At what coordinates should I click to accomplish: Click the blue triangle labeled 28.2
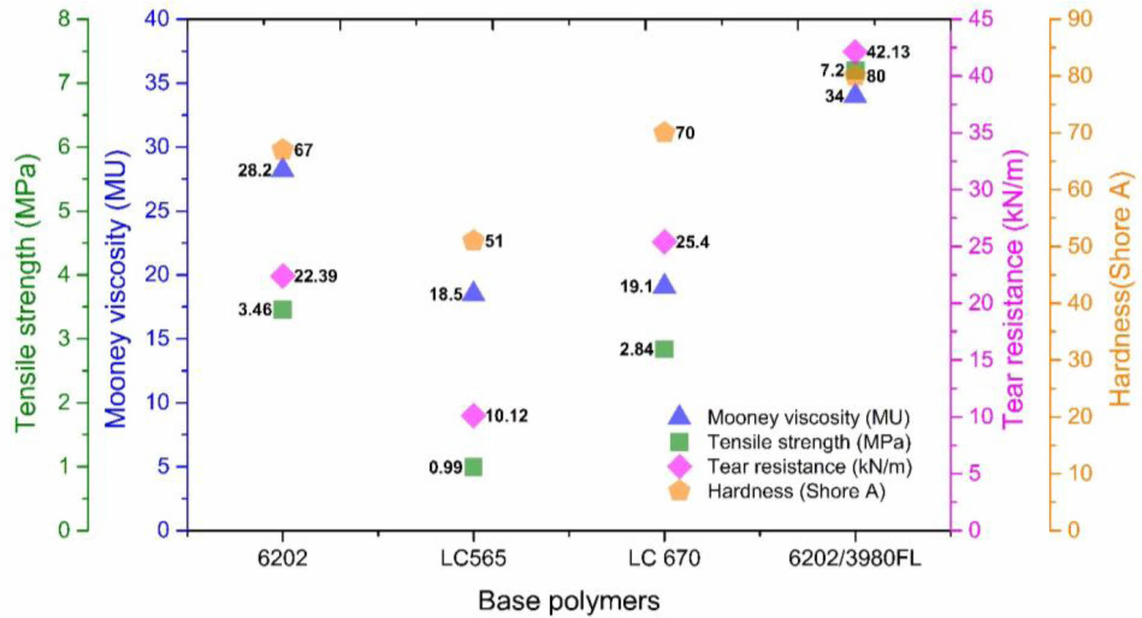[283, 169]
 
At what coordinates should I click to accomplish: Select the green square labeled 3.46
[283, 310]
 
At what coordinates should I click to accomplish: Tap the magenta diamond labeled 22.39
[283, 276]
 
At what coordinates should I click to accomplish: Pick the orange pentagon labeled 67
[283, 149]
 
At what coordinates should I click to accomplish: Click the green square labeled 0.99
[473, 467]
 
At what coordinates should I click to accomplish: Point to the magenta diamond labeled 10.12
[473, 416]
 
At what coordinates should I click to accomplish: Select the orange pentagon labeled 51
[473, 241]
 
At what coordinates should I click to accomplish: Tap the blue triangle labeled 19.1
[664, 285]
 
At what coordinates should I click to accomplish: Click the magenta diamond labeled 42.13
[854, 51]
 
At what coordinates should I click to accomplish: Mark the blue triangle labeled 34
[855, 94]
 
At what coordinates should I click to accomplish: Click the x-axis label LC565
[473, 558]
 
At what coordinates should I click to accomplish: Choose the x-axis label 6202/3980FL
[854, 558]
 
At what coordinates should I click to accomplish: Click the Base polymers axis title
[569, 601]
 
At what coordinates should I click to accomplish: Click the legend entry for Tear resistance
[809, 466]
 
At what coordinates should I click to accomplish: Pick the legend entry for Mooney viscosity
[808, 417]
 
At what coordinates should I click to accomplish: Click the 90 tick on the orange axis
[1079, 19]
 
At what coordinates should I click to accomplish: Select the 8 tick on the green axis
[64, 19]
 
